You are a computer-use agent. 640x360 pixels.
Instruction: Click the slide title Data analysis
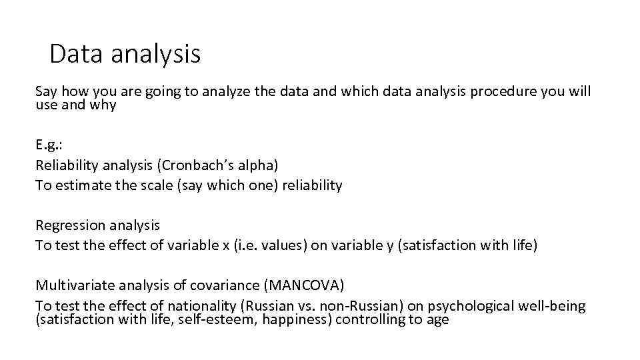[125, 54]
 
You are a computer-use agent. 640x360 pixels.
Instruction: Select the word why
[104, 105]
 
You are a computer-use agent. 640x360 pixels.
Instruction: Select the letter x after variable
[225, 245]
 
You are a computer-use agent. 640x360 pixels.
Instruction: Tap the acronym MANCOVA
[305, 286]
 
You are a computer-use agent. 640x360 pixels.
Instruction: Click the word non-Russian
[353, 306]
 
